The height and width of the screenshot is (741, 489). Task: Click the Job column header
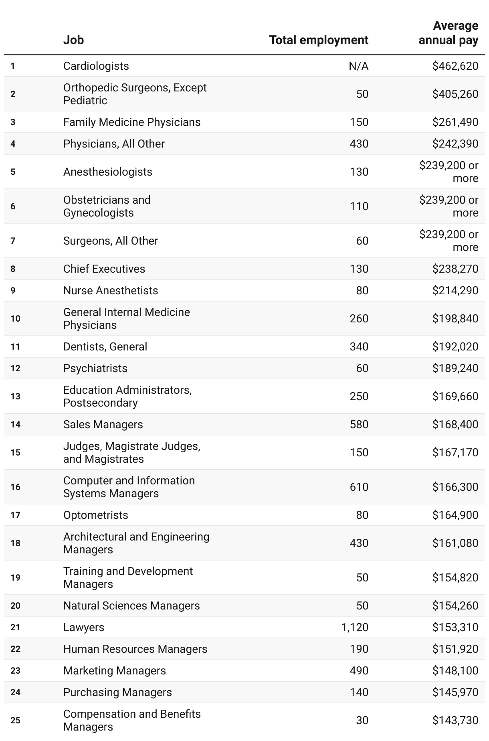[x=73, y=40]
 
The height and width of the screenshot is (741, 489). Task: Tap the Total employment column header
[x=319, y=40]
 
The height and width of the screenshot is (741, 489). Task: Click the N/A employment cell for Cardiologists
[x=358, y=66]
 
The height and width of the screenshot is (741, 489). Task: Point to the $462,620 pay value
[x=455, y=66]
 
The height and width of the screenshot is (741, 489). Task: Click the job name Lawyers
[x=84, y=628]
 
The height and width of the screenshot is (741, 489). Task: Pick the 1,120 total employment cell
[x=355, y=628]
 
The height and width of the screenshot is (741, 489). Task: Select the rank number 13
[x=16, y=397]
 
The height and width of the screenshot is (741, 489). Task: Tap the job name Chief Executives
[x=104, y=269]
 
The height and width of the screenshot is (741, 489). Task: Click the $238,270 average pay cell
[x=455, y=269]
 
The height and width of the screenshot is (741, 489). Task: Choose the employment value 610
[x=359, y=487]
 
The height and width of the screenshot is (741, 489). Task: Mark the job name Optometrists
[x=96, y=515]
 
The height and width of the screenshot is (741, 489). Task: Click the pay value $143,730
[x=455, y=721]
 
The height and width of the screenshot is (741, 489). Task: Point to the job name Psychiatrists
[x=95, y=368]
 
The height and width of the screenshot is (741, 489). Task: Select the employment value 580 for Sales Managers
[x=359, y=425]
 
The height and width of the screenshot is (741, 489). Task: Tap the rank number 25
[x=16, y=721]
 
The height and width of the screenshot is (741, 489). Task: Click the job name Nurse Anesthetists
[x=111, y=291]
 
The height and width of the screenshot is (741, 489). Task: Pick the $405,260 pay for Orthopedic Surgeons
[x=455, y=94]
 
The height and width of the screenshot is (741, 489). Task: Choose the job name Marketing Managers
[x=115, y=671]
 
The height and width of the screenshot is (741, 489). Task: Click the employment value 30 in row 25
[x=362, y=721]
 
